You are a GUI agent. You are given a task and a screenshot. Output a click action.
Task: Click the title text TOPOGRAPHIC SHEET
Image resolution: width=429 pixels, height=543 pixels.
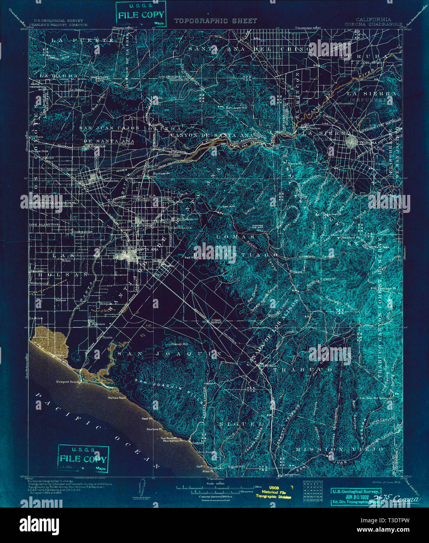click(215, 21)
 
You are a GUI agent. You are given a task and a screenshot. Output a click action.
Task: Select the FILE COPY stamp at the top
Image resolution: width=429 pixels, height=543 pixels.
click(141, 14)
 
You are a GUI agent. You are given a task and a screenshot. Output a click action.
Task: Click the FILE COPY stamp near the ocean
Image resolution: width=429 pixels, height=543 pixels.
click(83, 459)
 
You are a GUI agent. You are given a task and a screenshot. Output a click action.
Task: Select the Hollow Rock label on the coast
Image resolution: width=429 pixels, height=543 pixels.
click(117, 398)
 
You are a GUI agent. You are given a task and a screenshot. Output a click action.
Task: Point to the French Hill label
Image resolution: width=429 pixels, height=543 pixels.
click(180, 344)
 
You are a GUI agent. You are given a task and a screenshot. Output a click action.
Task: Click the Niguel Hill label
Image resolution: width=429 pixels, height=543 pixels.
click(237, 466)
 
